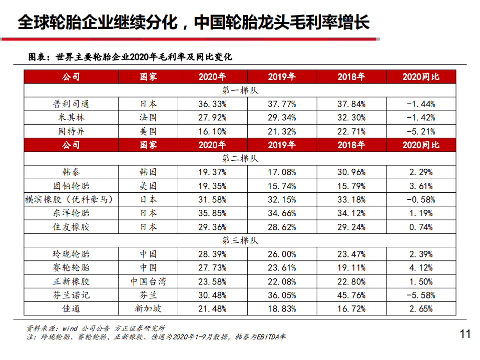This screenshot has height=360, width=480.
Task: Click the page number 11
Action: (x=465, y=334)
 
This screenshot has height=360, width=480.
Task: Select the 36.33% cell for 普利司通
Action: (x=212, y=104)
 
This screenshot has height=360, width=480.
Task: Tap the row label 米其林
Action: (x=71, y=118)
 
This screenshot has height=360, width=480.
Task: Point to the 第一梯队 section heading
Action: (x=240, y=91)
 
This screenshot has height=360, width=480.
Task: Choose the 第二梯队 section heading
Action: (x=240, y=158)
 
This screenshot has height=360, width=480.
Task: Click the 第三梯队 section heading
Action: (x=240, y=240)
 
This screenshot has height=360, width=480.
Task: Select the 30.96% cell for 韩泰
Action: (x=351, y=172)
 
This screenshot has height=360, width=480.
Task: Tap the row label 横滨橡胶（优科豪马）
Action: (x=71, y=199)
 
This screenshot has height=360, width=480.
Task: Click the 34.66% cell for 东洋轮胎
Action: (x=282, y=213)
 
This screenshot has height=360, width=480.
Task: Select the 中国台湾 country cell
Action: (x=148, y=281)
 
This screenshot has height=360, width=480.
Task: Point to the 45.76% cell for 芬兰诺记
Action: (x=351, y=295)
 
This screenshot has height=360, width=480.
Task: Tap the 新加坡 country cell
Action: (x=148, y=309)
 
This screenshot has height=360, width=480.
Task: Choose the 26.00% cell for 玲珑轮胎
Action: (x=282, y=254)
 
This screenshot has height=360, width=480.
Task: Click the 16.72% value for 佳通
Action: (x=351, y=309)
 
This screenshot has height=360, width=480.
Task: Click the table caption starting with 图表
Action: (x=130, y=57)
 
